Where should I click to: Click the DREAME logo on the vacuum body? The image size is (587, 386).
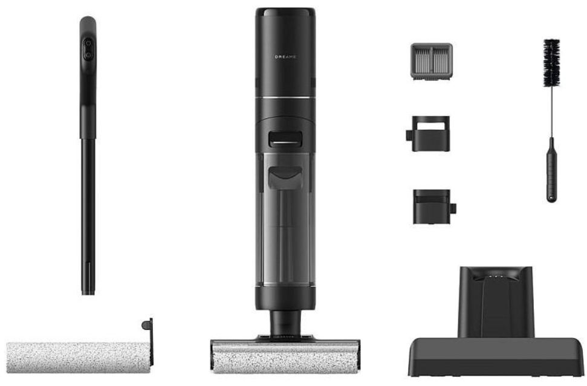click(x=285, y=57)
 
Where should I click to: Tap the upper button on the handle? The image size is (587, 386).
click(x=88, y=43)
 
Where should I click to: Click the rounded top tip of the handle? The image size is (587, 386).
click(x=88, y=19)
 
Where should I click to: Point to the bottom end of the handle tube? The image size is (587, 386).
click(x=88, y=293)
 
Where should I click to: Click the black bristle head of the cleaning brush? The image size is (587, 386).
click(x=551, y=62)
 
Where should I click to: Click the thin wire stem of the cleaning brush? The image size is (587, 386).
click(x=551, y=112)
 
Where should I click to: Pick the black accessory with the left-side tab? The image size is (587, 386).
click(x=428, y=134)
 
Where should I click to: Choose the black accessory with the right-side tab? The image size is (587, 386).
click(x=434, y=207)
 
